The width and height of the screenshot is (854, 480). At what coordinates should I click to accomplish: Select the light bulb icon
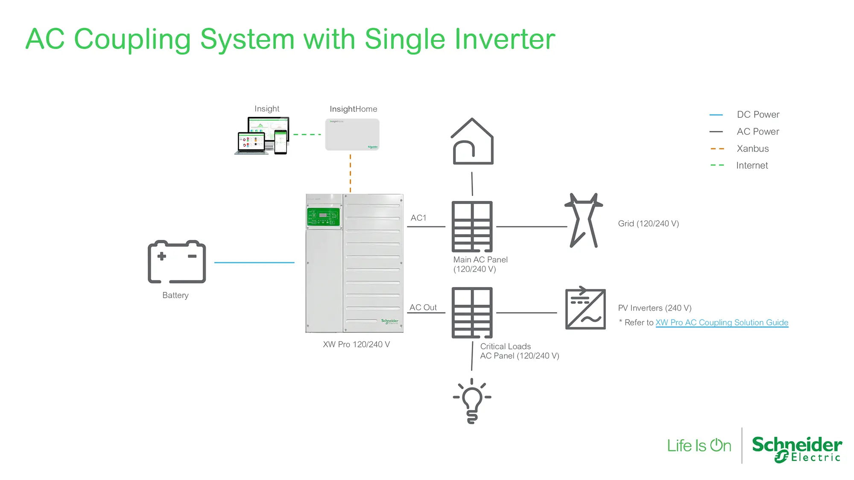tap(472, 401)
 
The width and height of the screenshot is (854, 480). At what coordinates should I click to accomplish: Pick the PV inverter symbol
tap(585, 308)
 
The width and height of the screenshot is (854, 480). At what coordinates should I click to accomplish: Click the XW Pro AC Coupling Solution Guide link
tap(722, 323)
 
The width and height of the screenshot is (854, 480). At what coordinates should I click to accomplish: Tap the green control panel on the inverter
tap(323, 217)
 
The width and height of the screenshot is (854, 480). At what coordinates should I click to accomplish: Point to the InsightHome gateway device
tap(352, 134)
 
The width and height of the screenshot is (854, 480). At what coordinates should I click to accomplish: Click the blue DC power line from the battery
tap(254, 262)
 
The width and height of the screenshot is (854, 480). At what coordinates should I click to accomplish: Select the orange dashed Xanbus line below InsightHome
tap(351, 173)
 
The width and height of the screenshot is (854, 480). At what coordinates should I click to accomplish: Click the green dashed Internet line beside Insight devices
tap(307, 134)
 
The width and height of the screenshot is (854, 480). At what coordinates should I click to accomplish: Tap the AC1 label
tap(418, 218)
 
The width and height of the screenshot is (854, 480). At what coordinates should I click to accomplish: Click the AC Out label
tap(423, 307)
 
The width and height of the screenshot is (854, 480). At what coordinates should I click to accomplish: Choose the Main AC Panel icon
tap(472, 227)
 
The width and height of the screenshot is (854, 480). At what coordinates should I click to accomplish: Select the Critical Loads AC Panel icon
tap(472, 313)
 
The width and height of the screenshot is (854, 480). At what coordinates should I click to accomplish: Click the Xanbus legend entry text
tap(753, 148)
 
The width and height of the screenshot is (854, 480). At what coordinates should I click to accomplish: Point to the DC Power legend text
tap(758, 114)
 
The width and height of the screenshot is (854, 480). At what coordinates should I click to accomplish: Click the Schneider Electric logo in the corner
tap(797, 449)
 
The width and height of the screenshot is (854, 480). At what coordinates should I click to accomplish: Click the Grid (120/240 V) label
tap(648, 224)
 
